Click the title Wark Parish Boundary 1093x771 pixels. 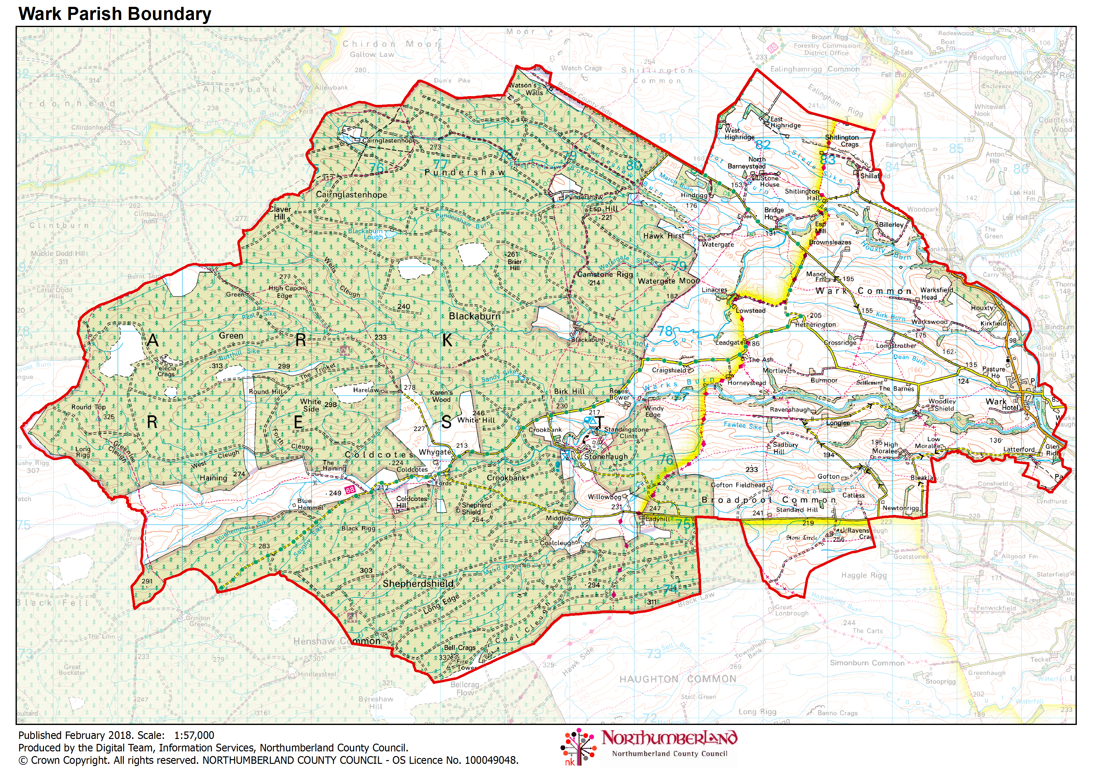(115, 14)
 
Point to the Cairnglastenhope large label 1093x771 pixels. (351, 194)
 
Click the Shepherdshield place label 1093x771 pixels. (418, 584)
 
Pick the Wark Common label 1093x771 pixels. (863, 291)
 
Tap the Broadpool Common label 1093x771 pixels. (769, 500)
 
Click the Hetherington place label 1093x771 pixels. (815, 325)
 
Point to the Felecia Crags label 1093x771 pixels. (166, 371)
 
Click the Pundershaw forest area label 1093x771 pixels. (465, 172)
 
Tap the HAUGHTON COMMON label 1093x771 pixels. (677, 679)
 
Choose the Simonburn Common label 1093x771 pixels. (867, 662)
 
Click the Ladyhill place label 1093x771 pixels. (658, 519)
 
